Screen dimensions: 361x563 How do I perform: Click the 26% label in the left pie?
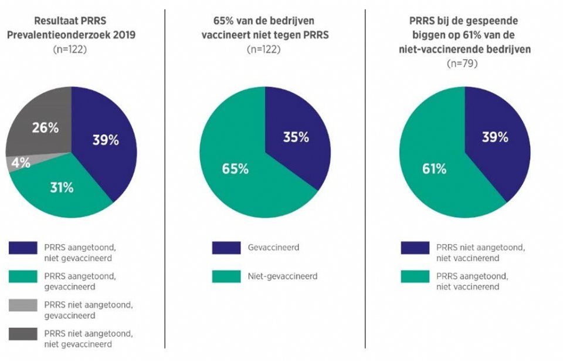pyautogui.click(x=45, y=128)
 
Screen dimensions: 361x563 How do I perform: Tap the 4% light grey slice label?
pyautogui.click(x=21, y=164)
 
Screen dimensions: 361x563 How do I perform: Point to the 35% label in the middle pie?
pyautogui.click(x=295, y=138)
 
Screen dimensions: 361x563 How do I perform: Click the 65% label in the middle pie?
pyautogui.click(x=235, y=169)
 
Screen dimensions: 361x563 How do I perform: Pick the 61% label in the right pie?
pyautogui.click(x=435, y=169)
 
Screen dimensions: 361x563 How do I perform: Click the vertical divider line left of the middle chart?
pyautogui.click(x=165, y=176)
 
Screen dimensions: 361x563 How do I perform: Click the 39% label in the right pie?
pyautogui.click(x=495, y=138)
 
